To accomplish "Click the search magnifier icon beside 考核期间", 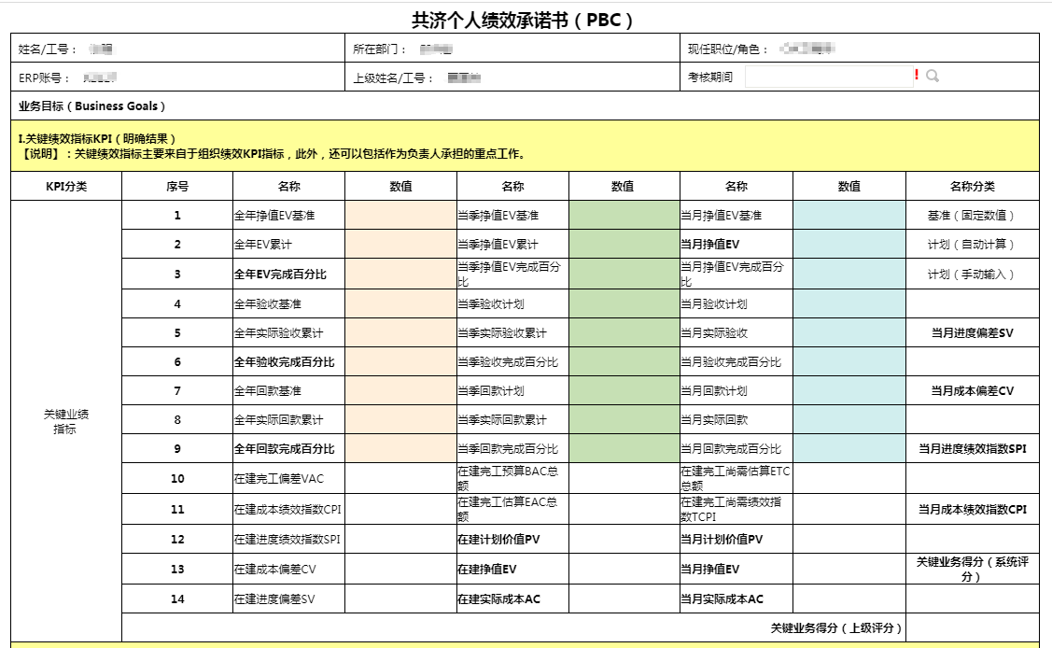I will click(932, 76).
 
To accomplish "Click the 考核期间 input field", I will click(828, 77).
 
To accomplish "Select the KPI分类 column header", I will click(66, 186).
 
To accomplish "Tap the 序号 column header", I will click(177, 186).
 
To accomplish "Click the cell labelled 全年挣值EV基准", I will click(274, 216).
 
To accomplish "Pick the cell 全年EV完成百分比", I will click(281, 275).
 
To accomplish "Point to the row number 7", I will click(177, 390).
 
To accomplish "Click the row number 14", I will click(177, 599).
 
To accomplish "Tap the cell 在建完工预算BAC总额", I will click(508, 479).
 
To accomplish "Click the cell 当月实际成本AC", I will click(722, 599).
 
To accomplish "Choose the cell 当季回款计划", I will click(491, 390).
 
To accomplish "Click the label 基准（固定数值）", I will click(972, 216).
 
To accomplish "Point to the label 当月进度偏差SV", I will click(972, 332).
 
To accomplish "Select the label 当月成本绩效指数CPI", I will click(972, 510).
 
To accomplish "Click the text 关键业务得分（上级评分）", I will click(836, 628).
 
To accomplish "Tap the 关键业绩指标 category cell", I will click(66, 421).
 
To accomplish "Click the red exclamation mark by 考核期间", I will click(917, 75).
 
